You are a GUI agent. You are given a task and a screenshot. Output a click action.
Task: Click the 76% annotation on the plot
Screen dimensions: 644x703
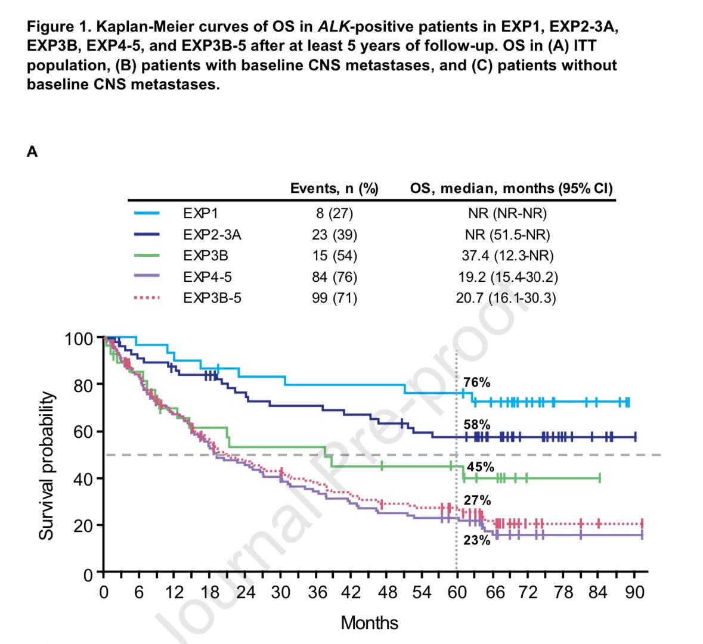point(476,382)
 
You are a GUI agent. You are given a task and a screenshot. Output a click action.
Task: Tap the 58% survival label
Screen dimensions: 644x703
point(476,425)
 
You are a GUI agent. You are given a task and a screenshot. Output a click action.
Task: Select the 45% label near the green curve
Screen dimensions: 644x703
point(481,467)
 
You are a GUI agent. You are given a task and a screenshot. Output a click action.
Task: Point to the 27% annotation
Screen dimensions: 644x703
point(477,500)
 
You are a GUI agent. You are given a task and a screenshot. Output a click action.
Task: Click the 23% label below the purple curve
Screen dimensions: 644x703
point(476,540)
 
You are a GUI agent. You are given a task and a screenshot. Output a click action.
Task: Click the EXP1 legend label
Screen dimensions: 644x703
point(201,213)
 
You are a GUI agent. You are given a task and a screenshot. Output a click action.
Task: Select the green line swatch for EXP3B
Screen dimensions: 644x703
point(147,256)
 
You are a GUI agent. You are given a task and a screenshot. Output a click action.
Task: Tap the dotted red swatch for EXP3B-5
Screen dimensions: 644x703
point(147,298)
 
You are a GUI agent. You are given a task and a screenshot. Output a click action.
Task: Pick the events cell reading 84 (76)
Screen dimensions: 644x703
point(334,277)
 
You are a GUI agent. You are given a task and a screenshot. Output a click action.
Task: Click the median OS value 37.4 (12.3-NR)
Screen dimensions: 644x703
point(507,256)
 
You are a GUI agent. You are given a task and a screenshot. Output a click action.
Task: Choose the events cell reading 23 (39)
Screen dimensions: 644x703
point(334,235)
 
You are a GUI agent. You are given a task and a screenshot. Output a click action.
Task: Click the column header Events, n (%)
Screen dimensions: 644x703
point(334,189)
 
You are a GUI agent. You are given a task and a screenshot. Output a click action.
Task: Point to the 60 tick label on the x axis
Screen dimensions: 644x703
point(457,593)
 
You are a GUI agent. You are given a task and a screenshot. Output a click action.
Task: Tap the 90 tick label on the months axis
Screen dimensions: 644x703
point(634,593)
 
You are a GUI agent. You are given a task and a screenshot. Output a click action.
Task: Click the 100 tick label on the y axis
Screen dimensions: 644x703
point(79,339)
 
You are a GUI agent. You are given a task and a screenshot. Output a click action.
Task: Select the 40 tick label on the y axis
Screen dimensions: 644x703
point(84,479)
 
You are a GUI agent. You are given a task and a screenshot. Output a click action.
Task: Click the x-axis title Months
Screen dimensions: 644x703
point(369,623)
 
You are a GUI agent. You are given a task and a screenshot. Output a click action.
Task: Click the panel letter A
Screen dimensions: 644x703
point(32,152)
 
